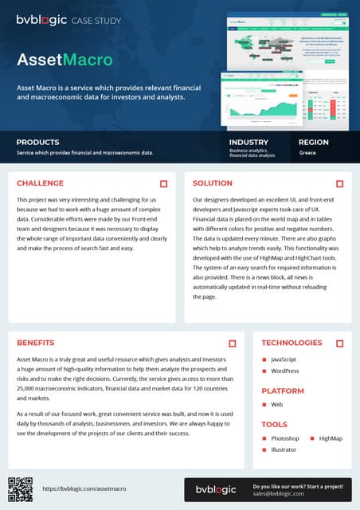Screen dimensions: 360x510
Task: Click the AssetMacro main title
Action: coord(65,59)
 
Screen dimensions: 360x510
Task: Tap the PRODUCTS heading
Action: coord(37,142)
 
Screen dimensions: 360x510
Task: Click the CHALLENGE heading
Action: coord(40,183)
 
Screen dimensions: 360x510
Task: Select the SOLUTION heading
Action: coord(213,183)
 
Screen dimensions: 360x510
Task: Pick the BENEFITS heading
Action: coord(35,343)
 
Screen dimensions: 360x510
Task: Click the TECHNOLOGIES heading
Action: coord(292,343)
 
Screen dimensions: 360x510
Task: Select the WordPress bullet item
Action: coord(284,371)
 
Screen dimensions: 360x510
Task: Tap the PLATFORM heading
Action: coord(283,391)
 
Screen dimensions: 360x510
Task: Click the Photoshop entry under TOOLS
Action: coord(284,438)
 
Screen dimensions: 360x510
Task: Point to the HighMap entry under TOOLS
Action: coord(331,438)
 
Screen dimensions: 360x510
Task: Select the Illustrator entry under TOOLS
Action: coord(284,450)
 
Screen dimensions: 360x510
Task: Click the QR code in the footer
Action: coord(20,488)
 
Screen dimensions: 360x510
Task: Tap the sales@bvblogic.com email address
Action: coord(280,494)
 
